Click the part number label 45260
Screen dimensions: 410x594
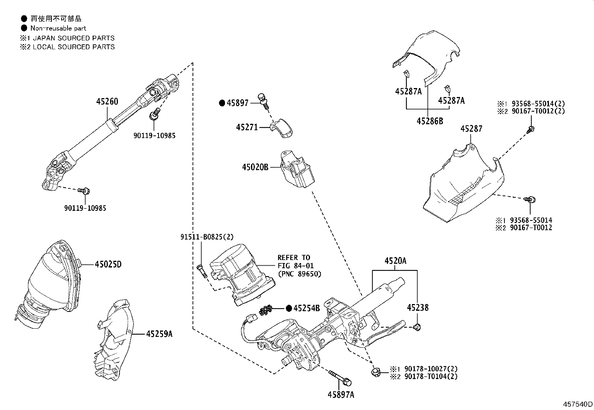pyautogui.click(x=107, y=101)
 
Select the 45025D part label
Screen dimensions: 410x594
pyautogui.click(x=108, y=265)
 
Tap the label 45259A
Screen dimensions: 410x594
pyautogui.click(x=159, y=334)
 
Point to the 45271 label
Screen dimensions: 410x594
pyautogui.click(x=247, y=127)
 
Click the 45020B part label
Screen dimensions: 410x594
pyautogui.click(x=255, y=167)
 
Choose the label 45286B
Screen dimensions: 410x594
pyautogui.click(x=430, y=121)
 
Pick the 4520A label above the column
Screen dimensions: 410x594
pyautogui.click(x=396, y=261)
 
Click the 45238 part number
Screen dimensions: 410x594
pyautogui.click(x=418, y=308)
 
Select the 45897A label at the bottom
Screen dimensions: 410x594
pyautogui.click(x=341, y=394)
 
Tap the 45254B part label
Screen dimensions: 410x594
pyautogui.click(x=307, y=308)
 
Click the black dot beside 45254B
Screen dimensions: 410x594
pyautogui.click(x=289, y=308)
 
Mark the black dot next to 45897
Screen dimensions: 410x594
pyautogui.click(x=222, y=103)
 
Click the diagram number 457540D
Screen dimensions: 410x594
pyautogui.click(x=578, y=404)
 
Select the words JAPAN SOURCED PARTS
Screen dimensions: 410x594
pyautogui.click(x=74, y=38)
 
